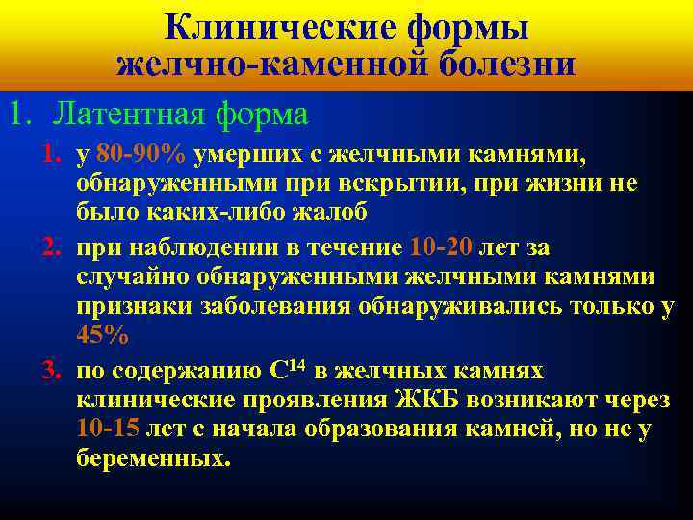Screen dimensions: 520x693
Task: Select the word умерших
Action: [x=243, y=156]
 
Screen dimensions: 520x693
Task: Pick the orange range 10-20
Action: [x=441, y=247]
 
